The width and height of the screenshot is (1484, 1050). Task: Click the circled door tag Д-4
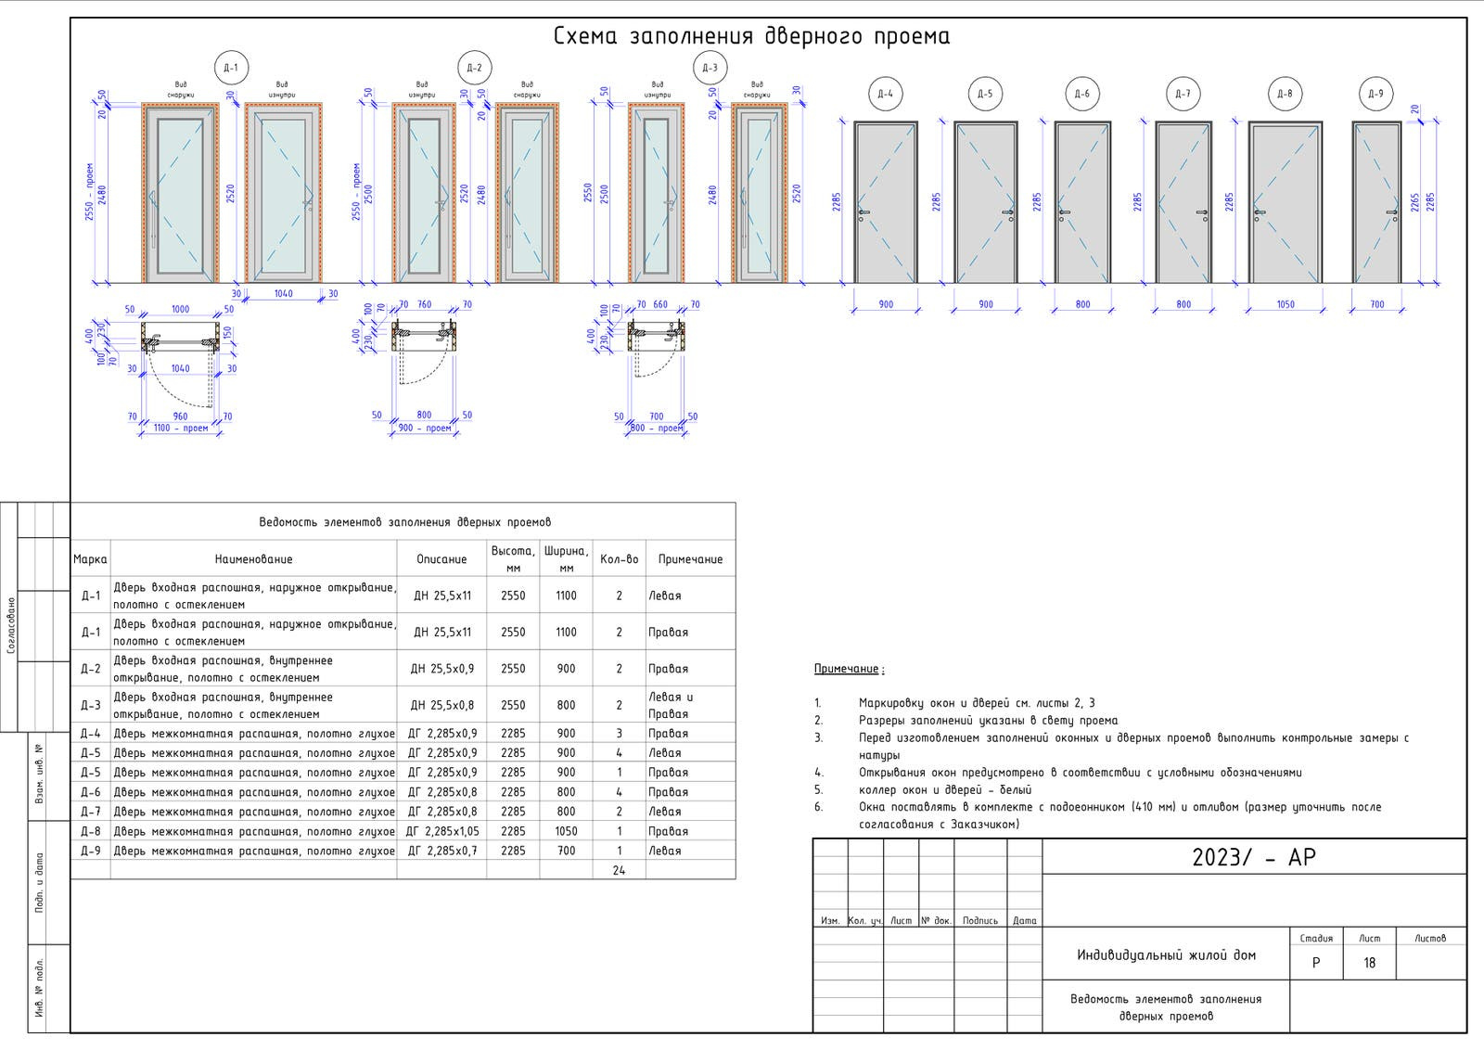point(886,94)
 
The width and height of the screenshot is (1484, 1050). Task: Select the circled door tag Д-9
point(1375,94)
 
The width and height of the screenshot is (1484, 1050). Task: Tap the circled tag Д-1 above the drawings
point(230,68)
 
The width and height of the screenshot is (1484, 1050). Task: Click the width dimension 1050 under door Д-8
point(1285,304)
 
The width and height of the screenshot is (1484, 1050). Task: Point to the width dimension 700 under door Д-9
point(1376,304)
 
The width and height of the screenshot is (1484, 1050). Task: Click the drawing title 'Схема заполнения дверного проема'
point(751,36)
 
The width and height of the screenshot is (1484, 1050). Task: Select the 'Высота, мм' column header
point(513,558)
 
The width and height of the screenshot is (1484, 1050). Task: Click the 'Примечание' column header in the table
point(690,559)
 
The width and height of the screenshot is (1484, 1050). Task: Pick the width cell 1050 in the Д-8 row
point(566,831)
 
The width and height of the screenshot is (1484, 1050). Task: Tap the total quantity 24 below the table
point(619,870)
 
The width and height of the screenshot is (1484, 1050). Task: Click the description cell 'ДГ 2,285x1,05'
point(442,831)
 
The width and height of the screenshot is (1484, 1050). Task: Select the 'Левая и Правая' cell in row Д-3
point(670,705)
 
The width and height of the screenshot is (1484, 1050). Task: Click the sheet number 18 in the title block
point(1369,963)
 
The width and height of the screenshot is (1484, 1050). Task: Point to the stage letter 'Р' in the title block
point(1315,963)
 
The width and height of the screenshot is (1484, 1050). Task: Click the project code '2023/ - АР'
point(1253,857)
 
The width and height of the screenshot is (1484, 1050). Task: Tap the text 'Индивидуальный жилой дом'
point(1166,954)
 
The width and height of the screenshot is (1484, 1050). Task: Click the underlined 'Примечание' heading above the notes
point(848,669)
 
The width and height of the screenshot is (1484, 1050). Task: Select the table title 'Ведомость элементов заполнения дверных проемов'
point(404,522)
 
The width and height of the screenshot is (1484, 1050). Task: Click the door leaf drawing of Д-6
point(1082,202)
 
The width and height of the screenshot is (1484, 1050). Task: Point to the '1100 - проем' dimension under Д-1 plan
point(180,429)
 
